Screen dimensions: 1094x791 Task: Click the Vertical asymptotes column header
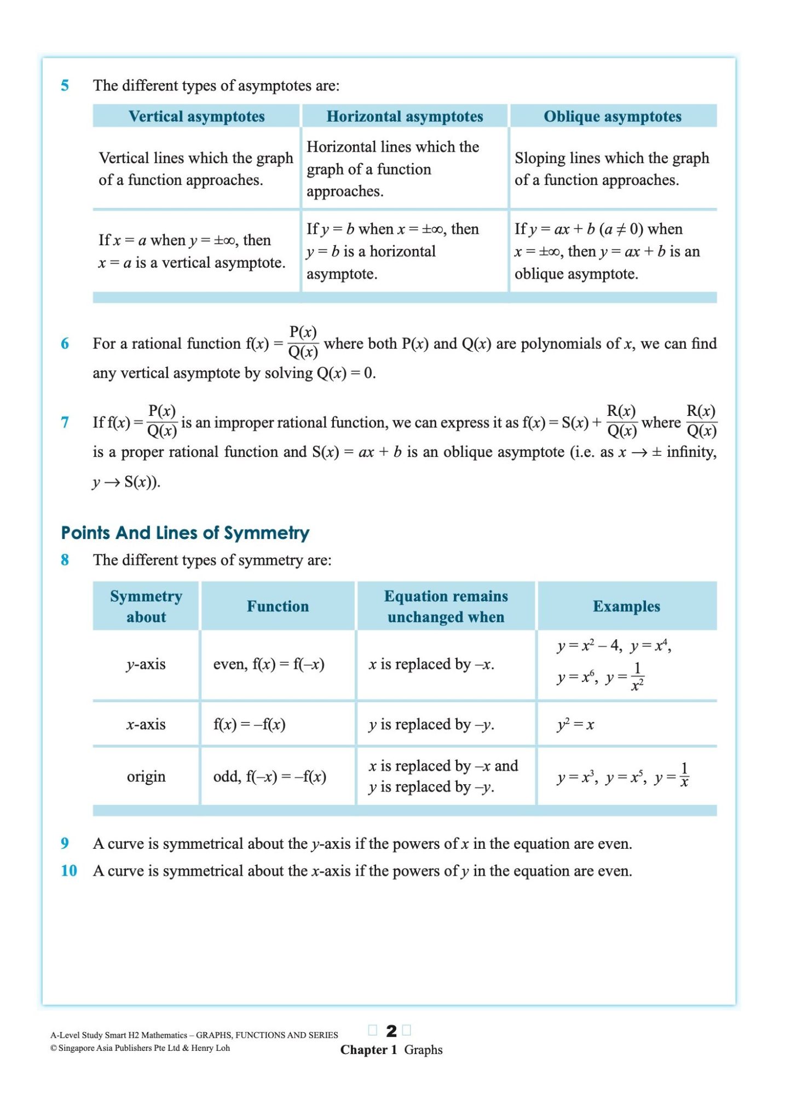click(197, 116)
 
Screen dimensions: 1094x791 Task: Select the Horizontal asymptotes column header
click(405, 116)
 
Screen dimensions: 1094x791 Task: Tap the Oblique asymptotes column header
click(613, 116)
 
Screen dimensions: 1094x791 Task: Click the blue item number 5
click(65, 85)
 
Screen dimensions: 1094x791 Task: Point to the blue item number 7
click(65, 422)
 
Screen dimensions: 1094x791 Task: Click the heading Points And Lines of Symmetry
click(185, 532)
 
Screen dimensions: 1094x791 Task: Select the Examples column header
click(626, 606)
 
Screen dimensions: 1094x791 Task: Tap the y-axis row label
click(146, 664)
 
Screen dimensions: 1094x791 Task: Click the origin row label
click(146, 776)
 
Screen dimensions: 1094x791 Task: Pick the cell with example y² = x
click(575, 724)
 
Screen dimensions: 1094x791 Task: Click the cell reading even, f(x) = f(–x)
click(269, 664)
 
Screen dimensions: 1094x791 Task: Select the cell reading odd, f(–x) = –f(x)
click(269, 776)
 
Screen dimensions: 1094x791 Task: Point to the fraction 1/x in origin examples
click(684, 775)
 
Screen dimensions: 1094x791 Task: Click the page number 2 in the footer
click(391, 1031)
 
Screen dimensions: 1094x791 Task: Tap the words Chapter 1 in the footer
click(368, 1050)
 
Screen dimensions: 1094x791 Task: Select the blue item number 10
click(68, 870)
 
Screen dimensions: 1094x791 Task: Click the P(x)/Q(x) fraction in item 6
click(303, 342)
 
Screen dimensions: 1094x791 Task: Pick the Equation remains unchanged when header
click(446, 606)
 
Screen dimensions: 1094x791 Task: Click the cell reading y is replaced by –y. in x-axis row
click(431, 724)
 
